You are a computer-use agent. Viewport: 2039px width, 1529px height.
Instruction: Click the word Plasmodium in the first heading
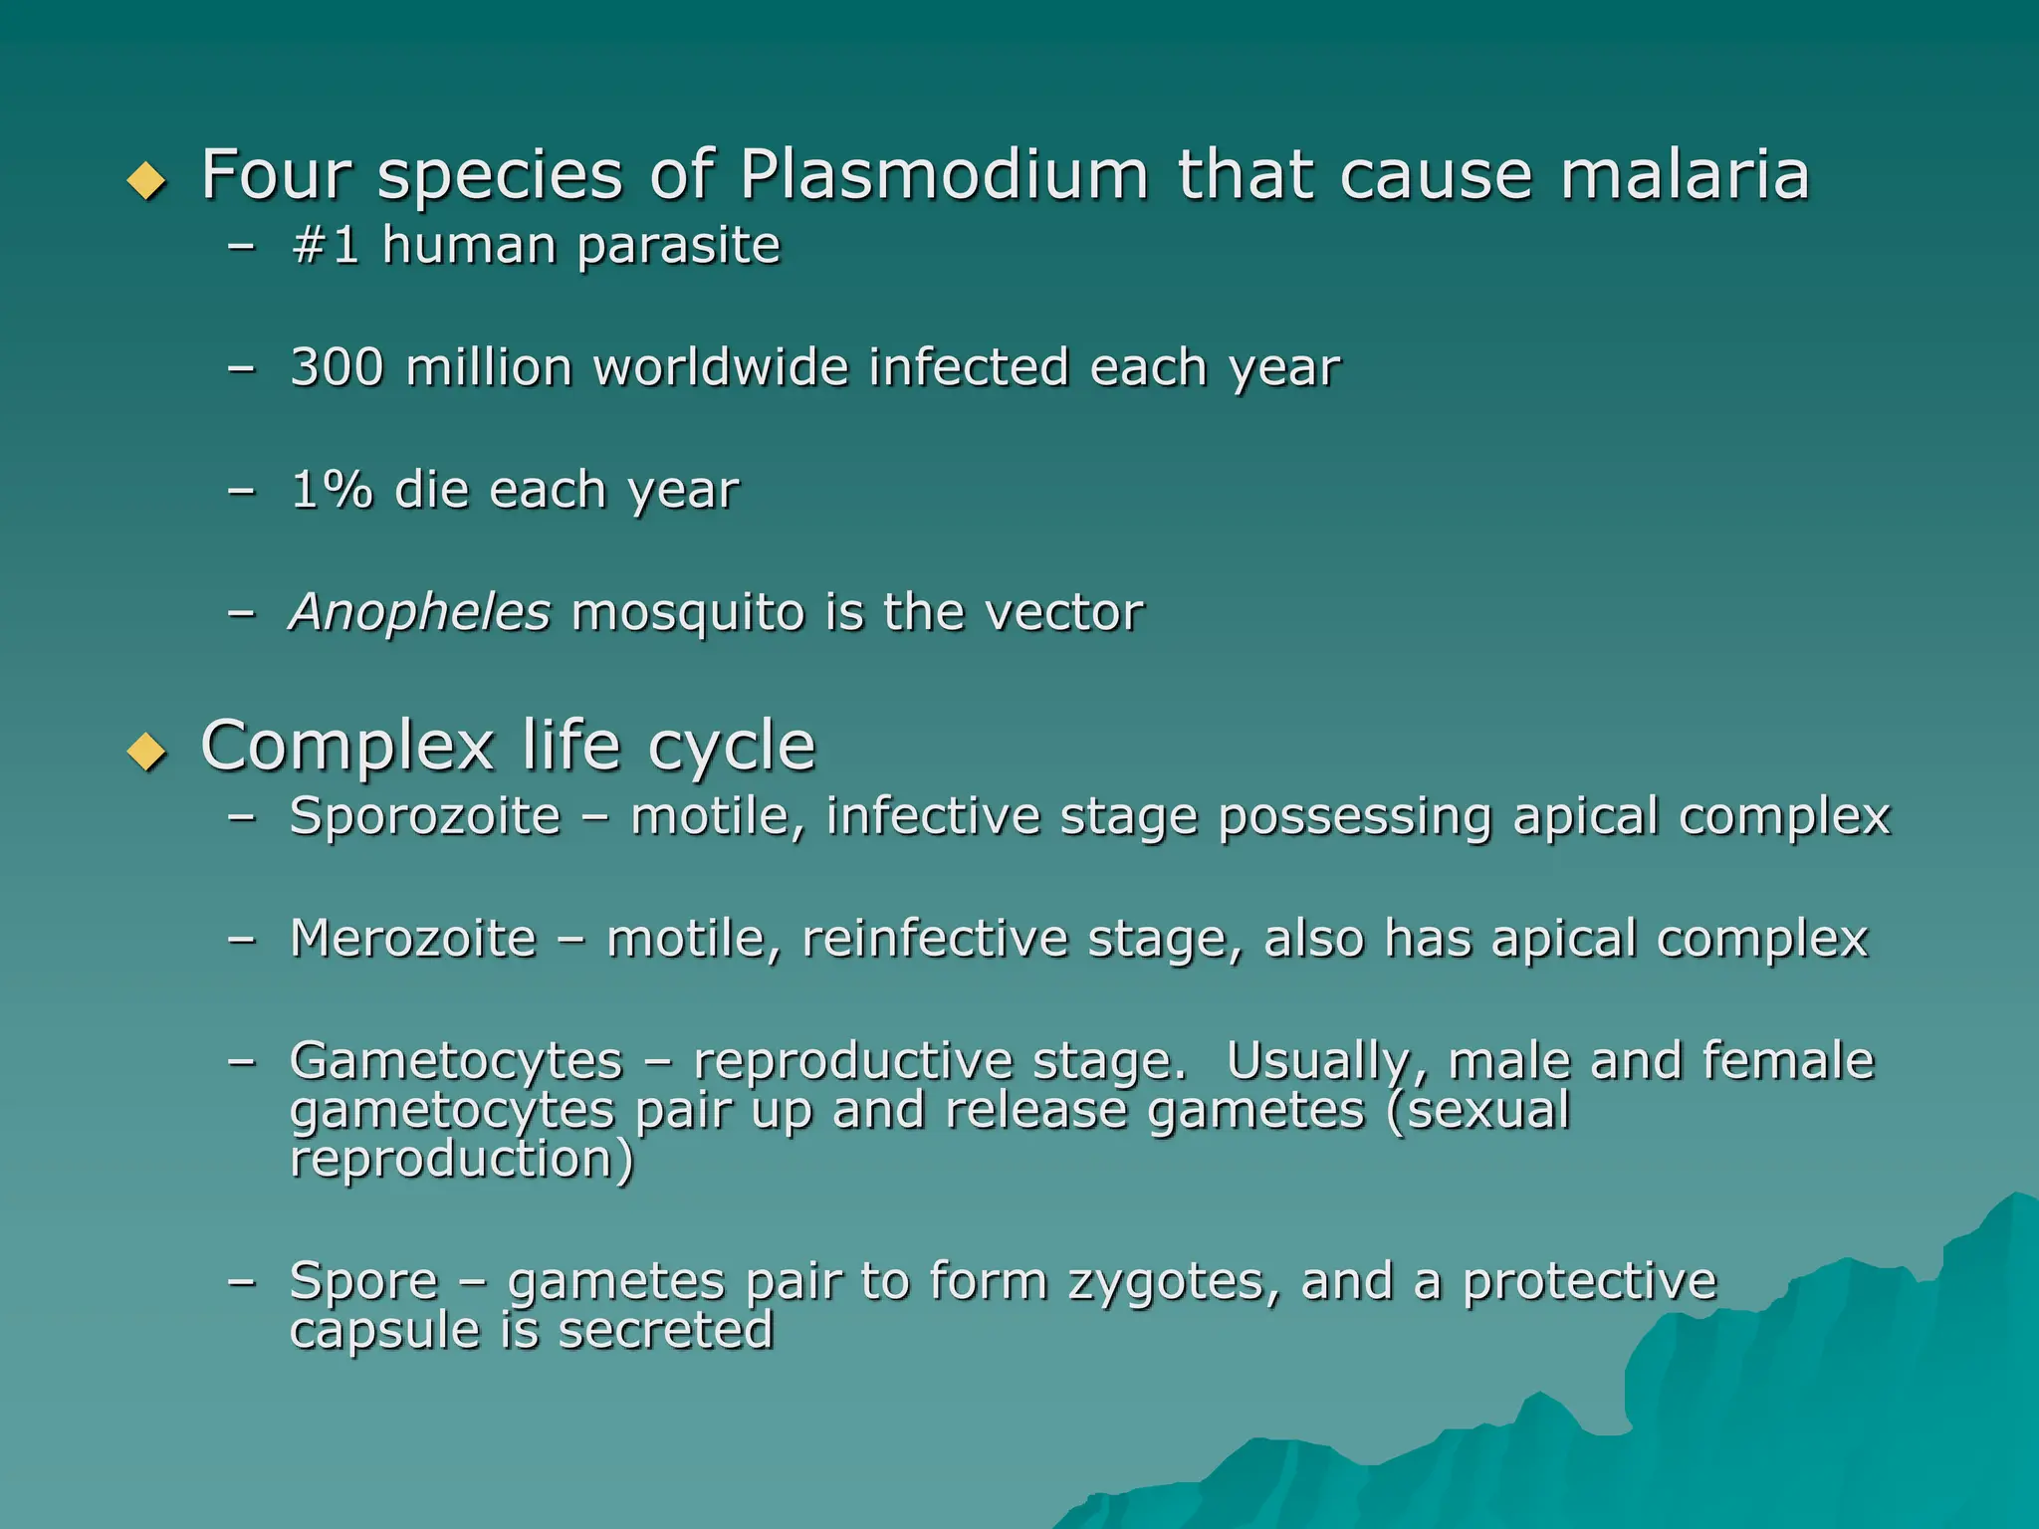[944, 175]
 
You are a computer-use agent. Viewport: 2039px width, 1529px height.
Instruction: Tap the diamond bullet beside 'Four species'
[147, 181]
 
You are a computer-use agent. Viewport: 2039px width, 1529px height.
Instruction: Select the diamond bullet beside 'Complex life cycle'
[147, 752]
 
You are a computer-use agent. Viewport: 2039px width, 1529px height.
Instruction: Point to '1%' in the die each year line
[331, 490]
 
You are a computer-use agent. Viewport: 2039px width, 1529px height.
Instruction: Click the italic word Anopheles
[419, 611]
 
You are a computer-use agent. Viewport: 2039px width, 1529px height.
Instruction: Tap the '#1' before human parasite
[325, 245]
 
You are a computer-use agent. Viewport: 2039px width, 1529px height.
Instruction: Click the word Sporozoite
[425, 816]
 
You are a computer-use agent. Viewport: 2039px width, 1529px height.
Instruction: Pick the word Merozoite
[413, 938]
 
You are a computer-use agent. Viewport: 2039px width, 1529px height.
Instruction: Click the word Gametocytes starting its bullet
[456, 1060]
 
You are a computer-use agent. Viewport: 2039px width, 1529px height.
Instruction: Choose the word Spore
[363, 1281]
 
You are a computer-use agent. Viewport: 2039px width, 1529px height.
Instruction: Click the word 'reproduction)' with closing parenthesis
[461, 1159]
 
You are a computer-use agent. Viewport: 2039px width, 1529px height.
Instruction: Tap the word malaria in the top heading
[1685, 175]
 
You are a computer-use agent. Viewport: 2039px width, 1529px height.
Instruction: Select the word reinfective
[933, 938]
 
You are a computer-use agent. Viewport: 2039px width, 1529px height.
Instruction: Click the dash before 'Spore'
[241, 1281]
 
